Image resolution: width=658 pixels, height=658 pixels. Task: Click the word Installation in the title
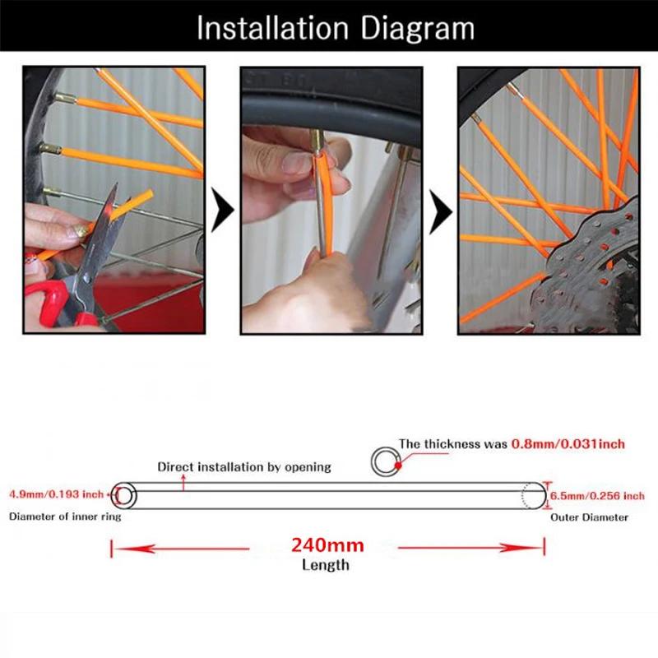point(273,28)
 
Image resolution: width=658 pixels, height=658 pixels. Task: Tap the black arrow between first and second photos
point(222,210)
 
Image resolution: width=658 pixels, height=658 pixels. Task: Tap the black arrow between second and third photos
point(441,212)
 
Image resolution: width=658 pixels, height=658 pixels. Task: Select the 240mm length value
point(327,545)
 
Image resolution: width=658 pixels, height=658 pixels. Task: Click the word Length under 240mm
point(326,565)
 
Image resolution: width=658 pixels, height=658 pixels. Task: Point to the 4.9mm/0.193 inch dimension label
point(56,494)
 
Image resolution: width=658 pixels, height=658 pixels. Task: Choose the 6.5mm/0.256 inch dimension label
point(597,496)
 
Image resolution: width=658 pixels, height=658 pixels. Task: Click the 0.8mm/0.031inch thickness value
point(568,444)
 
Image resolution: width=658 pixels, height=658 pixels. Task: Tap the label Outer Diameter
point(589,517)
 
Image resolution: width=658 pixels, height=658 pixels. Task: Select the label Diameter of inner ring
point(65,517)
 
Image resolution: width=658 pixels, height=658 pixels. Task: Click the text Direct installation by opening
point(244,467)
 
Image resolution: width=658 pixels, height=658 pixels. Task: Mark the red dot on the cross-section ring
point(398,465)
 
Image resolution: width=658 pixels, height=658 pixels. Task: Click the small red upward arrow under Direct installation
point(183,483)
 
